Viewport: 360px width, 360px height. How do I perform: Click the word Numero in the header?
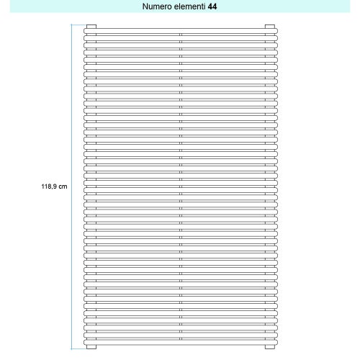158,6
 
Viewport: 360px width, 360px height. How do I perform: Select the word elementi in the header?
190,6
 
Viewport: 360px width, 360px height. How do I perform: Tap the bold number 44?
213,6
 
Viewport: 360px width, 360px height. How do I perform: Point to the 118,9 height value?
48,186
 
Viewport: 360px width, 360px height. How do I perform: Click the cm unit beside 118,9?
63,186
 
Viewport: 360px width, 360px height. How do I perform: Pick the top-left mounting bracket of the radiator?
91,27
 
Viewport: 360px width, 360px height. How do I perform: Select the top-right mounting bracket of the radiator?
270,27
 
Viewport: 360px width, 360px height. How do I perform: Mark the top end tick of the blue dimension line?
72,25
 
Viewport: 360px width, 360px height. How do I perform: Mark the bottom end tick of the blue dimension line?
72,351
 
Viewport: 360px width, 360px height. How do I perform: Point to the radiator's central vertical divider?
181,187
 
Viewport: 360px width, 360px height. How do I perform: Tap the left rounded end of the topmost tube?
85,34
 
